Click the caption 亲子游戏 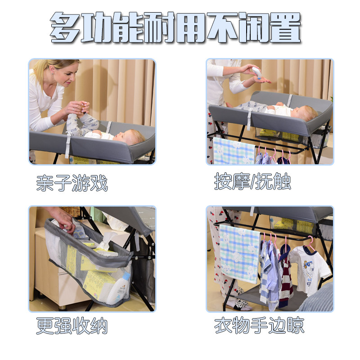(72, 183)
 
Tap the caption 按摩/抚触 (252, 181)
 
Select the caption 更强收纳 (72, 325)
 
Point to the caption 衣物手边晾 (259, 325)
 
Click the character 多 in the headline (65, 27)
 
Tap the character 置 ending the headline (285, 27)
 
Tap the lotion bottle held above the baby (257, 72)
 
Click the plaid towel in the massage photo (234, 151)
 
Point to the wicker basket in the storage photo (71, 211)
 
